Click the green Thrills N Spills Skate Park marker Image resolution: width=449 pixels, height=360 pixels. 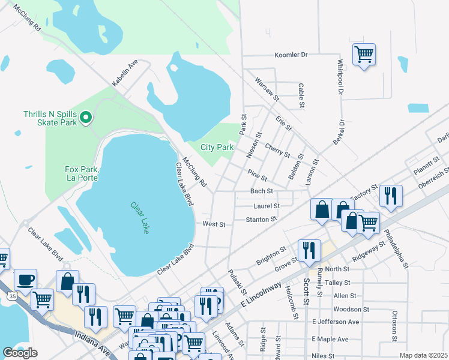coord(85,118)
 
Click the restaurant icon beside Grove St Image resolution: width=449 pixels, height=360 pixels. coord(309,251)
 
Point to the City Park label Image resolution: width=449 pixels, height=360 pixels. coord(217,147)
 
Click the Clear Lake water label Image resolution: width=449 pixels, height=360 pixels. coord(140,217)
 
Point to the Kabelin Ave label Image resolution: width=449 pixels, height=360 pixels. coord(125,72)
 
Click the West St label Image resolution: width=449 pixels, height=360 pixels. coord(214,224)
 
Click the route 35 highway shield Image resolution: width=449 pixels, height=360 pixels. coord(11,296)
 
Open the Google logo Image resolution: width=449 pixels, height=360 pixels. coord(20,353)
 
